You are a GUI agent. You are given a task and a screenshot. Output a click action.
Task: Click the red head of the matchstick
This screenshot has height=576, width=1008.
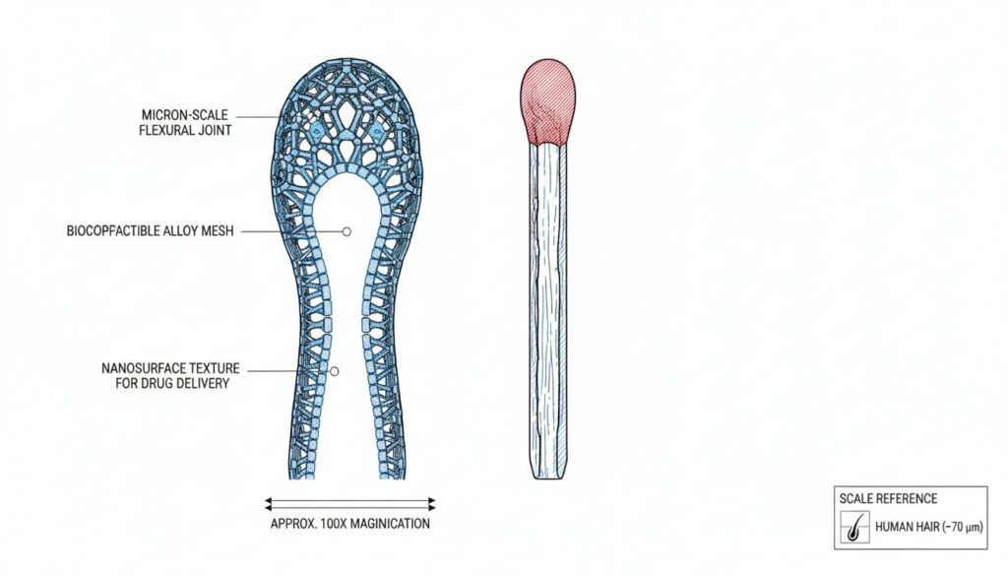pos(547,101)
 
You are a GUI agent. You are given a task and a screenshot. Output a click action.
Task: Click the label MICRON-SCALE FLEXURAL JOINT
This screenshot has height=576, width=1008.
pos(185,122)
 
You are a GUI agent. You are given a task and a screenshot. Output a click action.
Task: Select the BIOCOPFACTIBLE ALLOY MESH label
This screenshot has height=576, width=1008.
pos(151,230)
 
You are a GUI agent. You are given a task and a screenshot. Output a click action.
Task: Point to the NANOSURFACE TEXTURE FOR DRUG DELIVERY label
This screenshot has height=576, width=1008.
pos(171,375)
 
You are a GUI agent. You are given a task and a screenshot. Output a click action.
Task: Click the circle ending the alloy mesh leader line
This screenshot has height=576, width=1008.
pos(346,231)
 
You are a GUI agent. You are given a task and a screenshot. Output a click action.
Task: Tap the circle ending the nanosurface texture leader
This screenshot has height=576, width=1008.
pos(334,371)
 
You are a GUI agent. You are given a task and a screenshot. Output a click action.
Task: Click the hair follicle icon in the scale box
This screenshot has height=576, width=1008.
pos(855,527)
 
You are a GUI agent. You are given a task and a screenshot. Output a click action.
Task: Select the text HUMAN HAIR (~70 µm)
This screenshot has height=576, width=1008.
pos(929,527)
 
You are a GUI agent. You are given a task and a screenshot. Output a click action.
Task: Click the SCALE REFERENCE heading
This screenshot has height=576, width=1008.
pos(888,498)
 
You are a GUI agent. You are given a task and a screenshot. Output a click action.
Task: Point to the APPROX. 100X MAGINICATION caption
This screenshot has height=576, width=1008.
pos(350,523)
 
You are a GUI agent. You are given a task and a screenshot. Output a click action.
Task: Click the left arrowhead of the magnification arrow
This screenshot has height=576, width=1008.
pos(269,503)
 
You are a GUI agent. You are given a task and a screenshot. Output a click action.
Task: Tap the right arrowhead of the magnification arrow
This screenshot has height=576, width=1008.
pos(431,503)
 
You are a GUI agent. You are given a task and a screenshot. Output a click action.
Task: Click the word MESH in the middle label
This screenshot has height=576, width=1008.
pos(218,230)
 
